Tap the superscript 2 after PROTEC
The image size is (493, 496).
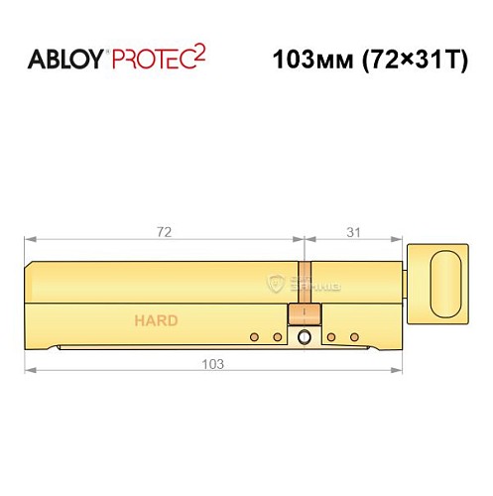[x=198, y=50]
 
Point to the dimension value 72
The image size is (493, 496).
[x=164, y=232]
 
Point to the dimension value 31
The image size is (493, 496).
[x=354, y=232]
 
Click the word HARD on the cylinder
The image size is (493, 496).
[x=156, y=320]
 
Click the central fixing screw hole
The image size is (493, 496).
[x=305, y=338]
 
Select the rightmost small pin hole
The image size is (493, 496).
[x=353, y=337]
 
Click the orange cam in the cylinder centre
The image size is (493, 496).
[x=303, y=313]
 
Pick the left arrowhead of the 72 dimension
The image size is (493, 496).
[x=30, y=241]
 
